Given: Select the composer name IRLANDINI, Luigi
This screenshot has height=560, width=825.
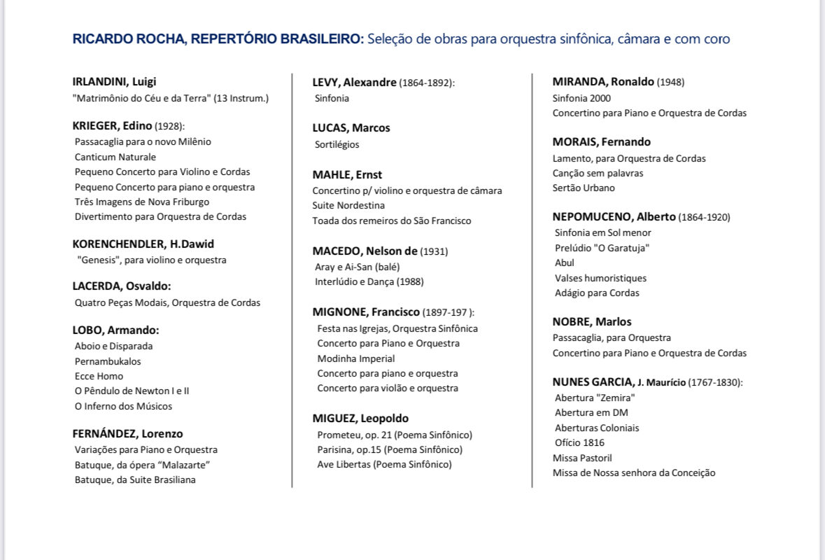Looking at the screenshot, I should coord(114,81).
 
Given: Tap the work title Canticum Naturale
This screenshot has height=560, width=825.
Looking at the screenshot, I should coord(115,157).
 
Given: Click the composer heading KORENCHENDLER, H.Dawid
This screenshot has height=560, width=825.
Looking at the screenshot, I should coord(143,244).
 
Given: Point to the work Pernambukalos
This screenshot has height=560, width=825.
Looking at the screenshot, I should coord(108,361).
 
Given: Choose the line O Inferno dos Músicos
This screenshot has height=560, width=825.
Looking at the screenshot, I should coord(123,406).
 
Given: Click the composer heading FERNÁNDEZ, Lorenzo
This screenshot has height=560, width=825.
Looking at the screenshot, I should coord(127,433).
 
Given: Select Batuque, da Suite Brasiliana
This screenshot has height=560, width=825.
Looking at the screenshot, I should coord(135,479).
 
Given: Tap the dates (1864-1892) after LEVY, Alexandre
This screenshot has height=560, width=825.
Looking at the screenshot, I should coord(426,83).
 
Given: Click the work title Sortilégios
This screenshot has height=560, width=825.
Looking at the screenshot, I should coord(337,144).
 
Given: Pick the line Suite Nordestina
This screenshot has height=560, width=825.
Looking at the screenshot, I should coord(348,205).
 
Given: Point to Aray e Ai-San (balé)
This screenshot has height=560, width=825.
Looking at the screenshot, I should coord(357,267).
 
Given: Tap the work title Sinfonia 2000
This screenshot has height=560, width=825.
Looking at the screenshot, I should coord(581,98).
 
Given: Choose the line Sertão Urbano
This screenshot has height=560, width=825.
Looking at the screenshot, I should coord(584,188).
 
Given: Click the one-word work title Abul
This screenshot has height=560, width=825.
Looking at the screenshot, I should coord(564,262).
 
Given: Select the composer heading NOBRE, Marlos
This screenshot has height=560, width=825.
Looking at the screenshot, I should coord(591,321).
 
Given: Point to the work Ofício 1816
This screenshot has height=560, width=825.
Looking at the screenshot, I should coord(579,442).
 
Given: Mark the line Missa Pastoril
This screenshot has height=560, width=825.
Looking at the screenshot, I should coord(582,458).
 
